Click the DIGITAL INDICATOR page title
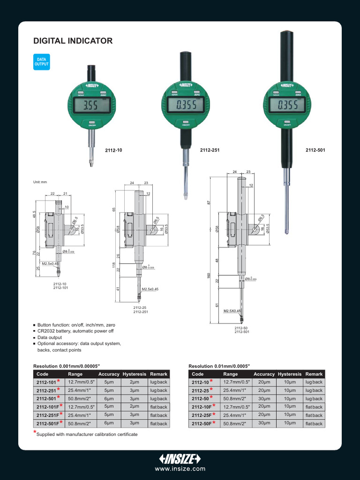[73, 41]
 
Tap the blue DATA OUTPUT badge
[41, 62]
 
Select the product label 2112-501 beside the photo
[315, 150]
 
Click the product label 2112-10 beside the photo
[113, 150]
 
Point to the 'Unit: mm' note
[40, 182]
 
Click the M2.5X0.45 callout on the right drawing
[232, 311]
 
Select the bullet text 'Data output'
[49, 337]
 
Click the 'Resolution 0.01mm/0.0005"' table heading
[219, 366]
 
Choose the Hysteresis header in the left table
[134, 374]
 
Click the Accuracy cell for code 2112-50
[264, 398]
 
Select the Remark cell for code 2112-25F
[314, 415]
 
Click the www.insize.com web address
[180, 469]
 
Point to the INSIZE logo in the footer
[180, 458]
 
